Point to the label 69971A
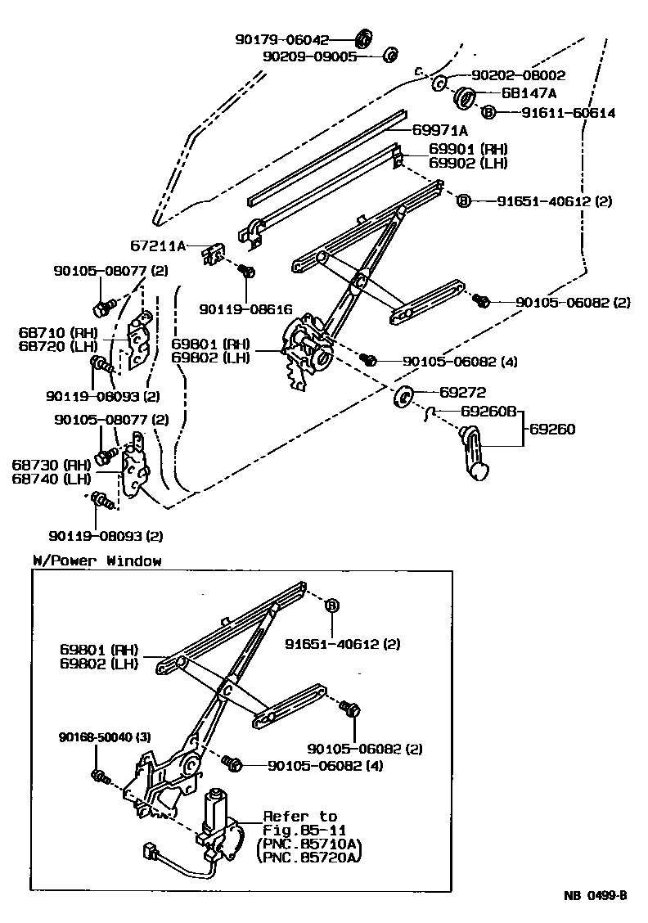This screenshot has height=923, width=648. tap(439, 130)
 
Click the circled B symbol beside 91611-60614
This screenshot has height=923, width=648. tap(488, 112)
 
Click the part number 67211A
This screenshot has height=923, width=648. tap(160, 244)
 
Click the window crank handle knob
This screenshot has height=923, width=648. tap(481, 471)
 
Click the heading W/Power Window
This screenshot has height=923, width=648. tap(97, 561)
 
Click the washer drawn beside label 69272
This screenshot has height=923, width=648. tap(404, 397)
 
